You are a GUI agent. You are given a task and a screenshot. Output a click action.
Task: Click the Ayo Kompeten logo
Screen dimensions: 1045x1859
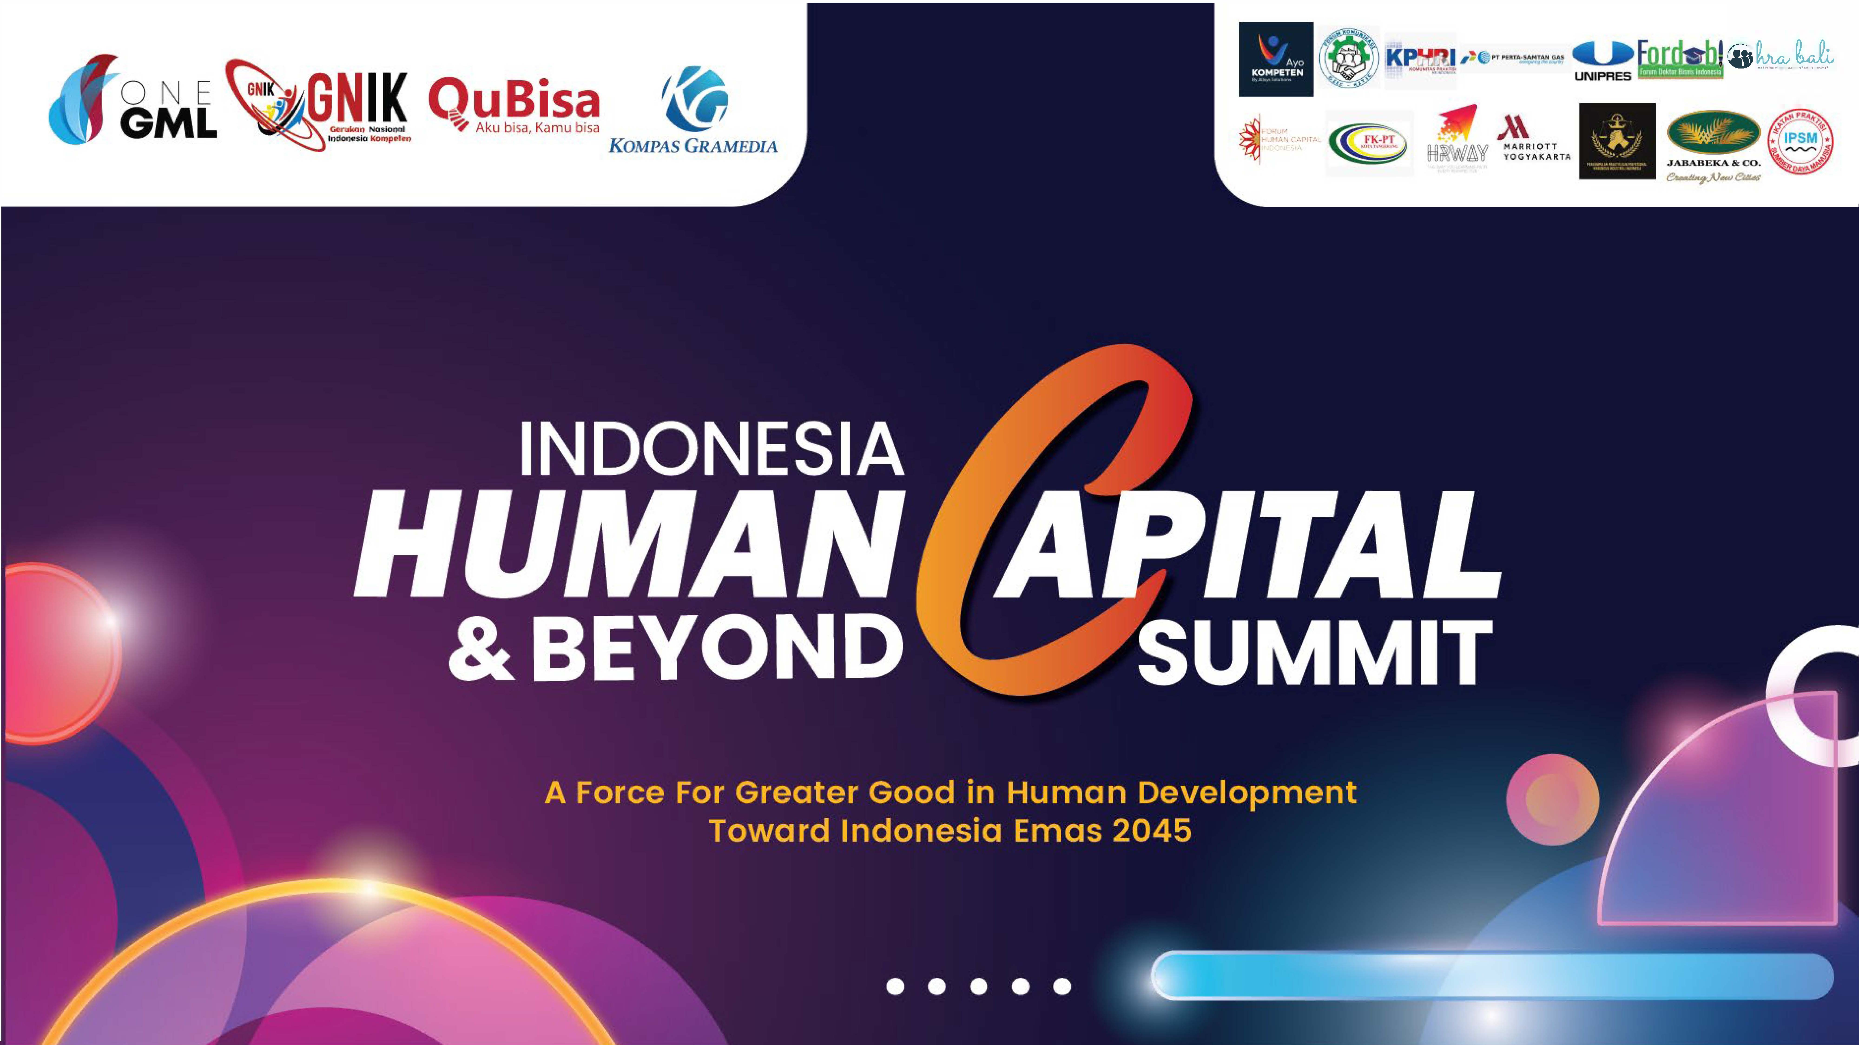1276,59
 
